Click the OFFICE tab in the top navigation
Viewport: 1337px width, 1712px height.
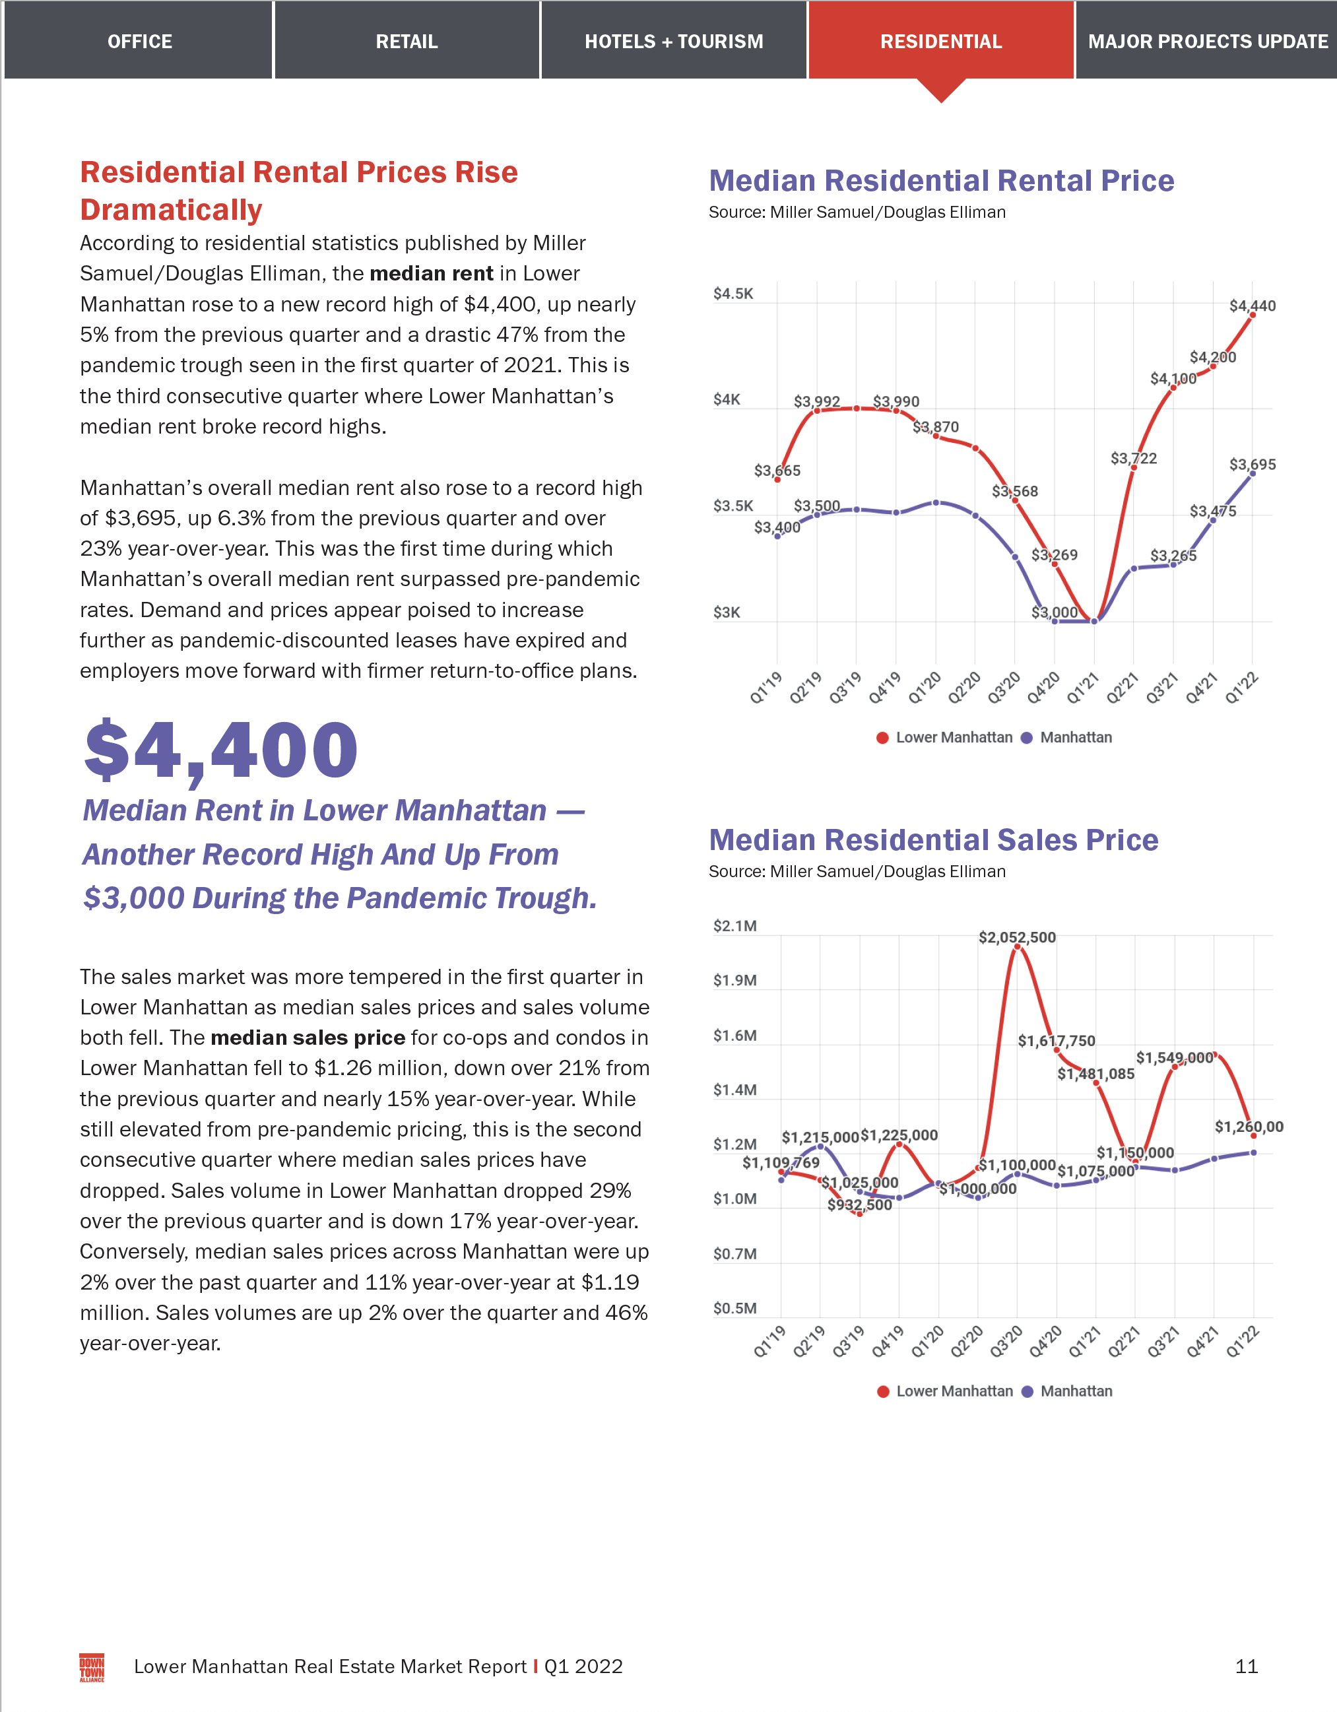point(139,42)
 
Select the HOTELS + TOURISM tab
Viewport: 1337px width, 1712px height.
point(673,42)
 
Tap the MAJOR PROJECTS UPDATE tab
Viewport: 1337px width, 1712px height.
point(1207,42)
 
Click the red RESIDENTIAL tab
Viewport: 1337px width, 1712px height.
point(940,42)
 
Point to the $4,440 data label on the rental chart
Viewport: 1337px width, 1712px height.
point(1252,306)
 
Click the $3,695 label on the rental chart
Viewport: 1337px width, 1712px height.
point(1252,464)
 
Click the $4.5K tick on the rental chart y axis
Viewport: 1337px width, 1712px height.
point(733,294)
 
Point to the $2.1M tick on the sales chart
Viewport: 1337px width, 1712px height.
point(734,926)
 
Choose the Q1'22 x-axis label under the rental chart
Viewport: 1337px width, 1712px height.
point(1241,688)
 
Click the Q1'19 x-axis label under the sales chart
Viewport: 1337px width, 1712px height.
point(769,1341)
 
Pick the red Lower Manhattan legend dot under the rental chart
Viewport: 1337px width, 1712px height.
point(882,738)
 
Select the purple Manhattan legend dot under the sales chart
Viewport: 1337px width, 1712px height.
point(1027,1391)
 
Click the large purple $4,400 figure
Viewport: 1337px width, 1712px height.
point(221,751)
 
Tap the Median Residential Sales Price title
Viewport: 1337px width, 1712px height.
point(933,840)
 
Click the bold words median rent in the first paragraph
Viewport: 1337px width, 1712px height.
point(431,274)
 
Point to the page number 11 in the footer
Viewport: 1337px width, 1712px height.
point(1246,1666)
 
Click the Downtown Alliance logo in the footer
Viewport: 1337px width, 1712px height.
point(92,1667)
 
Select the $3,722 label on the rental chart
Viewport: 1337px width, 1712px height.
point(1132,459)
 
